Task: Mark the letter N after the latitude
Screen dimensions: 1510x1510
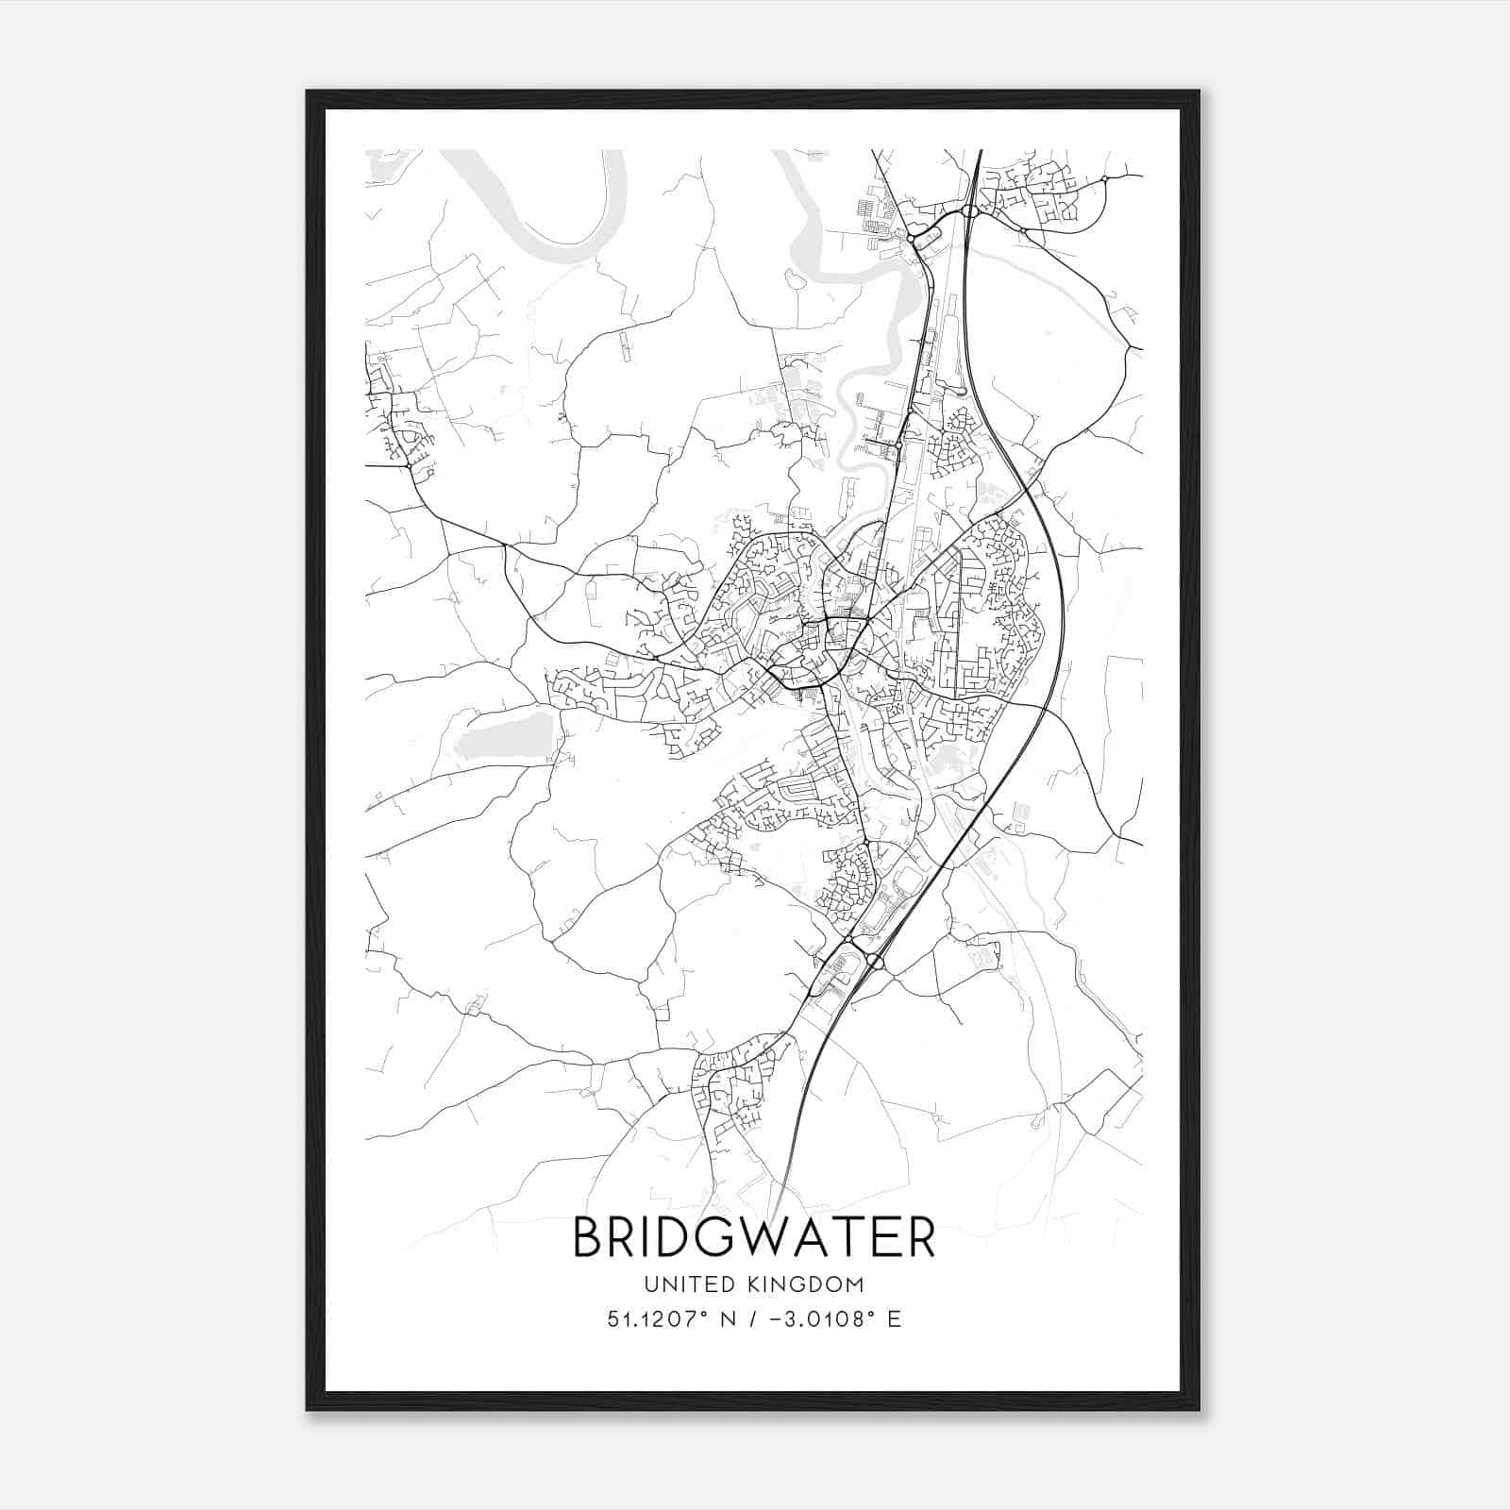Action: coord(728,1318)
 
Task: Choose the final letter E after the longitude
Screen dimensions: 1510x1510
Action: coord(894,1318)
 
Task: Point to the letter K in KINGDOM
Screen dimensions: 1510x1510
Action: coord(756,1284)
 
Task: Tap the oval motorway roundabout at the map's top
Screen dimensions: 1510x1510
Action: coord(970,211)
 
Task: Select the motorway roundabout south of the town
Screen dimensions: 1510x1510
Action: coord(874,962)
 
